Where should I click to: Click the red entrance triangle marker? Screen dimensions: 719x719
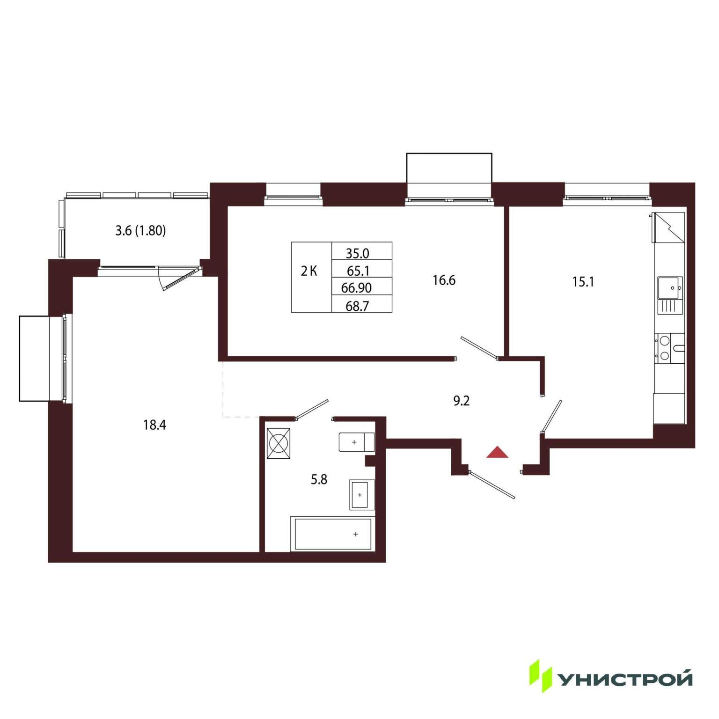(x=497, y=452)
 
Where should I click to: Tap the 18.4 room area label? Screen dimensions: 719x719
(x=154, y=425)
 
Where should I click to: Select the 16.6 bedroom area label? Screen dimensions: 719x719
(x=444, y=280)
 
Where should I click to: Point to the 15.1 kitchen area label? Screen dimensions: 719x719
(x=583, y=282)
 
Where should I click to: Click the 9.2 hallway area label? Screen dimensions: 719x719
(x=461, y=401)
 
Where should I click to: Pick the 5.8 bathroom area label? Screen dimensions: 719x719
(x=319, y=479)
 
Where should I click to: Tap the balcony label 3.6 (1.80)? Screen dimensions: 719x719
(x=140, y=231)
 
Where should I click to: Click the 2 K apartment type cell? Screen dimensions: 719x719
(x=309, y=271)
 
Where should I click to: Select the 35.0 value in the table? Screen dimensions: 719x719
(x=357, y=253)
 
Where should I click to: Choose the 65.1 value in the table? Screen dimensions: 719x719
(x=358, y=271)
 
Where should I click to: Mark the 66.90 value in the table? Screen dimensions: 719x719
(x=356, y=288)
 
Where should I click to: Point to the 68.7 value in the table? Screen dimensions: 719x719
(x=357, y=306)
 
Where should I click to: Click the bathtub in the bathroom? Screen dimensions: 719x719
(x=332, y=534)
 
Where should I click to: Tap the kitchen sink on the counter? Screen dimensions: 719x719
(x=670, y=288)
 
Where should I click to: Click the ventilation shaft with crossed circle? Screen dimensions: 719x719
(x=279, y=443)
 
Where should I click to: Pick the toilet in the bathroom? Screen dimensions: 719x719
(x=356, y=442)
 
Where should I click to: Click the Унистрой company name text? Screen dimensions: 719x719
(x=625, y=679)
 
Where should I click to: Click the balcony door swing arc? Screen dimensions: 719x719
(x=160, y=279)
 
